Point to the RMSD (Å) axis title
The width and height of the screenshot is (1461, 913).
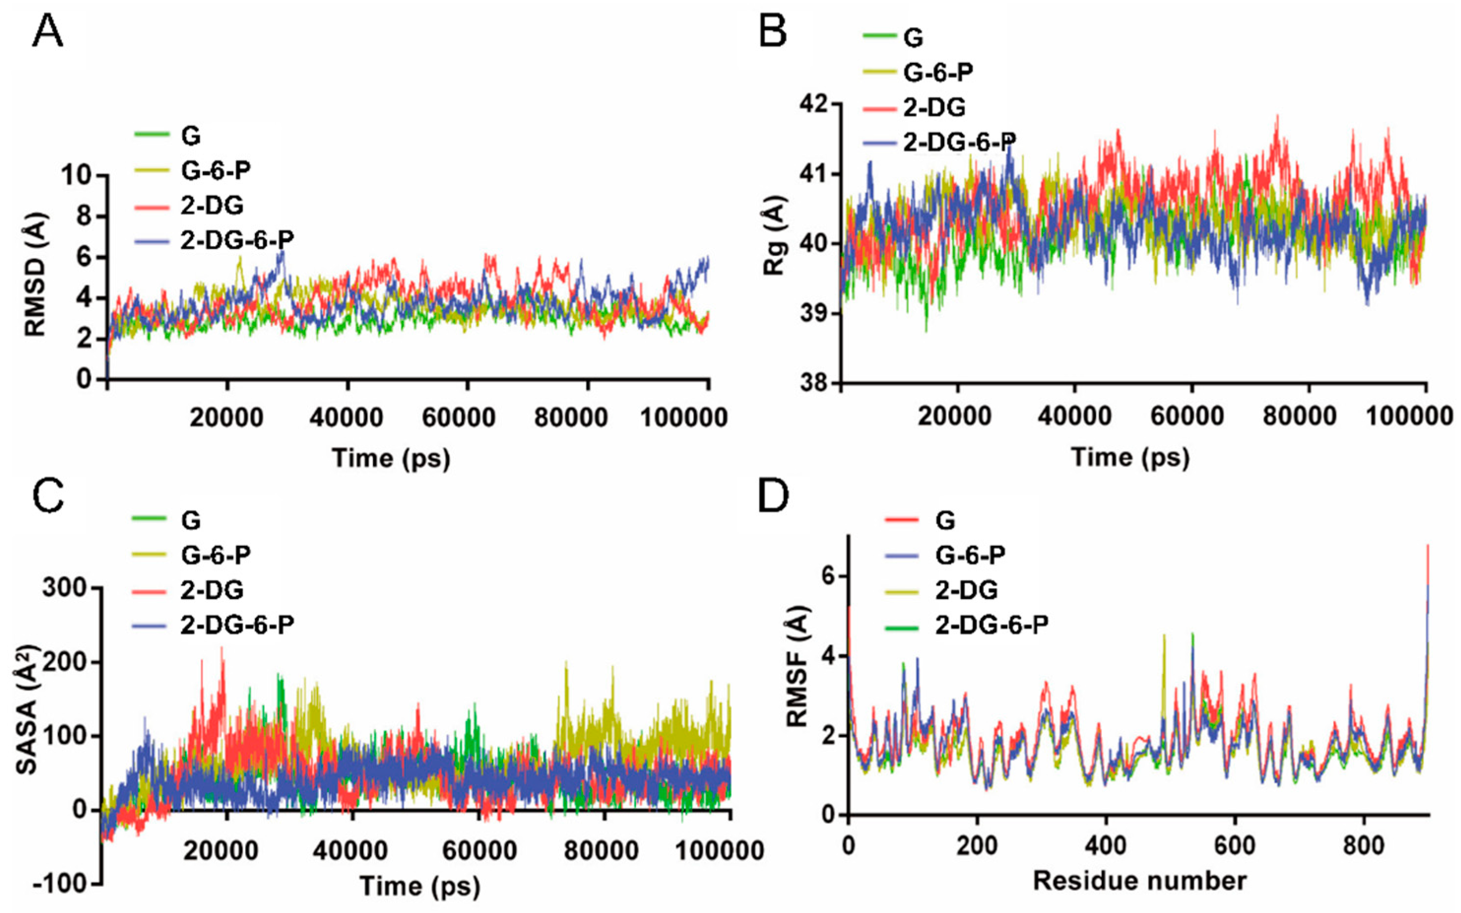click(36, 275)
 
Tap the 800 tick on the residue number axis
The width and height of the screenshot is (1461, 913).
click(1363, 846)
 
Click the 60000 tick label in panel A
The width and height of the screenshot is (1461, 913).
click(459, 417)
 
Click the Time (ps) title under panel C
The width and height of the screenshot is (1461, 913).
click(420, 887)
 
